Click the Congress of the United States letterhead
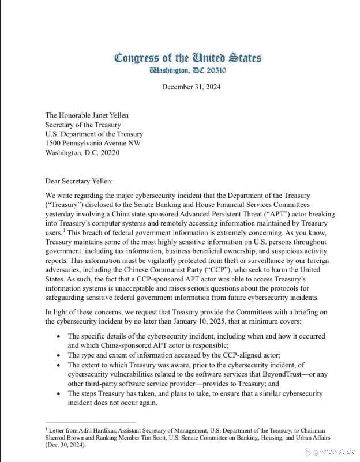187,58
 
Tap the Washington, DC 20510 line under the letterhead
187,71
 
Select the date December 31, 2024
191,87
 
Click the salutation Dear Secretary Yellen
80,181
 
